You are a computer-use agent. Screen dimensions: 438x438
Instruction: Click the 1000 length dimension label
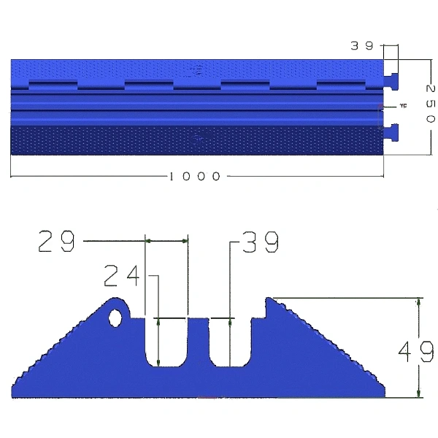click(195, 176)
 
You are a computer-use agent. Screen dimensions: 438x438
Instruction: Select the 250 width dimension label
click(431, 104)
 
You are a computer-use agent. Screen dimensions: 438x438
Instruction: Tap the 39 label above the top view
click(362, 45)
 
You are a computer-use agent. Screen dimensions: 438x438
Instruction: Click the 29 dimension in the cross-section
click(56, 241)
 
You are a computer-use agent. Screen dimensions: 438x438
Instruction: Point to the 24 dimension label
click(121, 276)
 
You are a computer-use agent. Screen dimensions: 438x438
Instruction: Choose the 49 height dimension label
click(416, 351)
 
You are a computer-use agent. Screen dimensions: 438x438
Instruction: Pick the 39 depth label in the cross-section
click(261, 242)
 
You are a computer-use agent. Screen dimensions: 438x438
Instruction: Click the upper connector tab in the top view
click(391, 82)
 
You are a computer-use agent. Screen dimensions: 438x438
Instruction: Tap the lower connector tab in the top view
click(391, 132)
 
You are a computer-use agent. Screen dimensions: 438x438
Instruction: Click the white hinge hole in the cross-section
click(115, 318)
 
